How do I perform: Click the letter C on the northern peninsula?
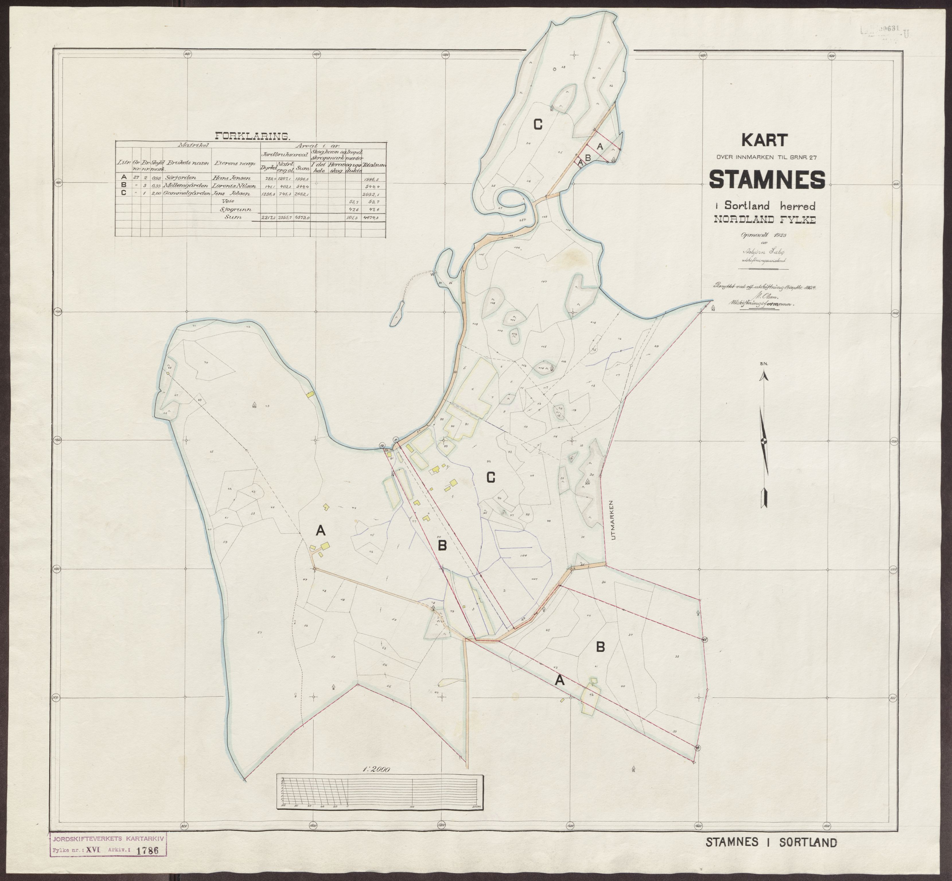pyautogui.click(x=538, y=125)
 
